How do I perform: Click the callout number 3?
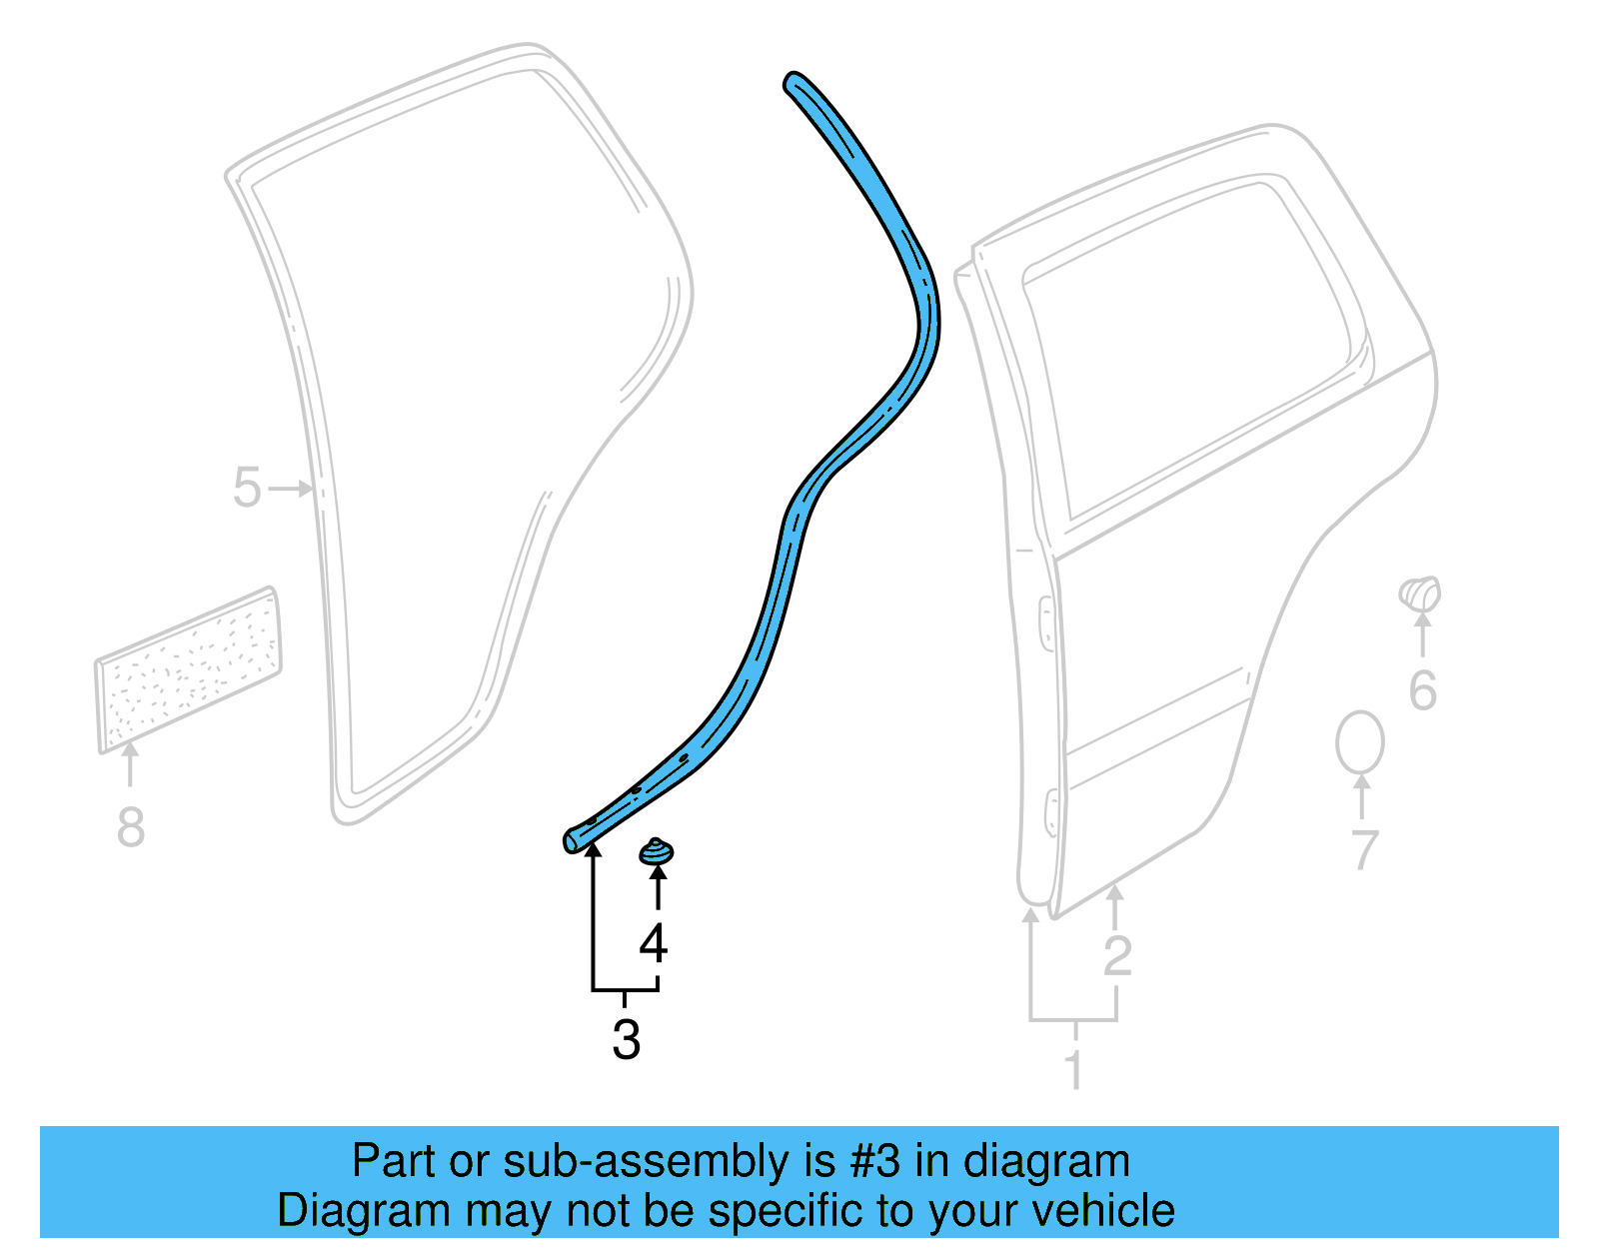pyautogui.click(x=627, y=1039)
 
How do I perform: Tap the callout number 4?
pyautogui.click(x=653, y=943)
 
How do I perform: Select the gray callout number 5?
pyautogui.click(x=247, y=488)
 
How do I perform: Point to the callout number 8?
pyautogui.click(x=131, y=827)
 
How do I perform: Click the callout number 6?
pyautogui.click(x=1422, y=691)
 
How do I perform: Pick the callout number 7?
pyautogui.click(x=1364, y=849)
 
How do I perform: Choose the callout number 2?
pyautogui.click(x=1117, y=955)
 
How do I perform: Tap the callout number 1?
pyautogui.click(x=1074, y=1071)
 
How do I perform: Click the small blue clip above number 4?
pyautogui.click(x=656, y=852)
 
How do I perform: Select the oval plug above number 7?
pyautogui.click(x=1359, y=743)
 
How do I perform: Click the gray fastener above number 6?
pyautogui.click(x=1420, y=594)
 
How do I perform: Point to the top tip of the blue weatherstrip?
pyautogui.click(x=794, y=80)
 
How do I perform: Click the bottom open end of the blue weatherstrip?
pyautogui.click(x=571, y=841)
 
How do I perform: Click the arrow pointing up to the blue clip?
pyautogui.click(x=657, y=885)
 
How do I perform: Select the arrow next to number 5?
pyautogui.click(x=293, y=489)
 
